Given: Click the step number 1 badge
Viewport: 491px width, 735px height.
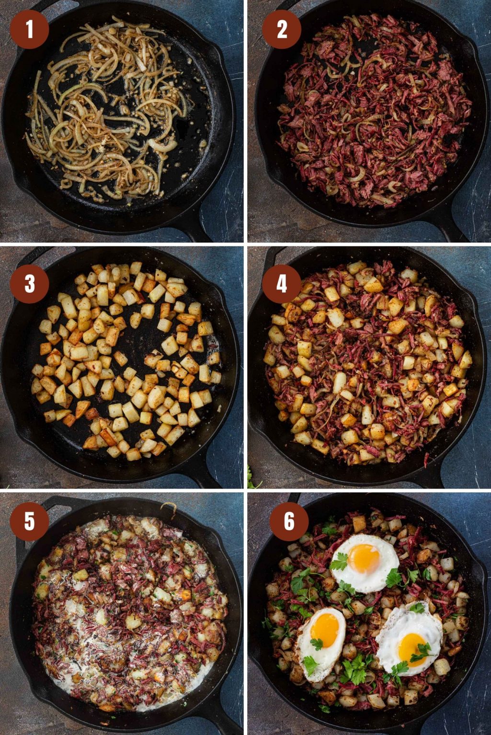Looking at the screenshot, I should [29, 29].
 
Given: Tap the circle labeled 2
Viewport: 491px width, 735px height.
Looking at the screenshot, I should [282, 29].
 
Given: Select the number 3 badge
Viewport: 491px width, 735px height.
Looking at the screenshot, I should [29, 284].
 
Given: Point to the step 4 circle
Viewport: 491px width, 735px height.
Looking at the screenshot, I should [282, 284].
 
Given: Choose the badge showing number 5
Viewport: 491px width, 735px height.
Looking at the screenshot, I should [29, 521].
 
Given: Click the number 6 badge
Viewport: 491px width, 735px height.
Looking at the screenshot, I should [289, 521].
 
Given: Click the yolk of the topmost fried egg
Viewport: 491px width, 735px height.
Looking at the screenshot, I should [364, 558].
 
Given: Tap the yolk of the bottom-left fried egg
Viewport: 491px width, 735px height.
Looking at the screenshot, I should [325, 627].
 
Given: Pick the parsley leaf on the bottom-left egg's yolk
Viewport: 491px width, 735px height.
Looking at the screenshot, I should [317, 644].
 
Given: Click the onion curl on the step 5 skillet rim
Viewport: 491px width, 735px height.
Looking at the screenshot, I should [169, 507].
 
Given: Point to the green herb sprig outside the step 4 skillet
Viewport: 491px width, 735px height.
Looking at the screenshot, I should [252, 481].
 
